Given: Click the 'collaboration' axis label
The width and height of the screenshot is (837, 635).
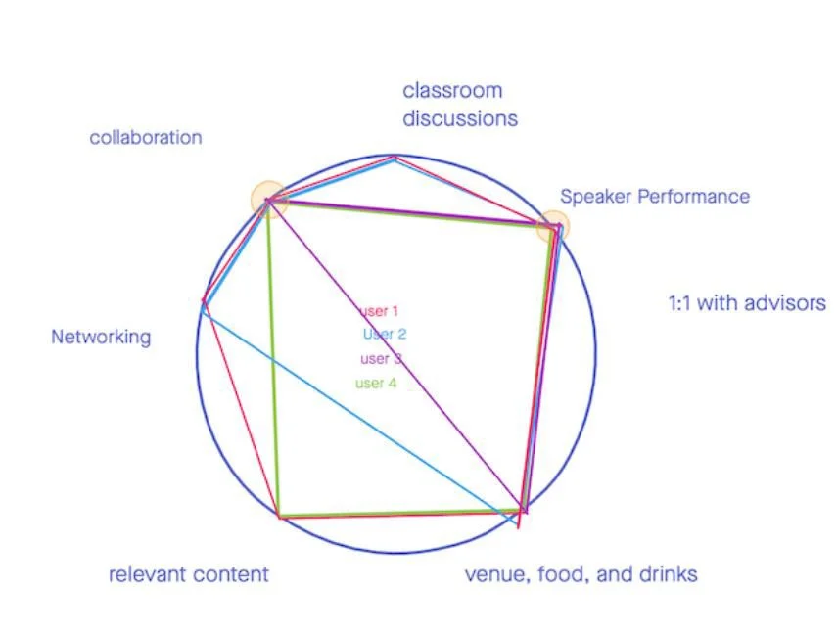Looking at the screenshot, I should click(x=146, y=138).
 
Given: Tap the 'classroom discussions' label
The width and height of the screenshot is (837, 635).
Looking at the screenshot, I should click(x=459, y=105).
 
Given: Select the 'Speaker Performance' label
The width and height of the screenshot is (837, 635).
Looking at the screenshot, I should click(x=655, y=197).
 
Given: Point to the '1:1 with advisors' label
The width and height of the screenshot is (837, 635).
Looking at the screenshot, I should click(x=747, y=303).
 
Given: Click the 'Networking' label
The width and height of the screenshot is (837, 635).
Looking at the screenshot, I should click(x=101, y=338).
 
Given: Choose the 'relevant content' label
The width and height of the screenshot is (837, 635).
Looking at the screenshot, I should click(x=188, y=574).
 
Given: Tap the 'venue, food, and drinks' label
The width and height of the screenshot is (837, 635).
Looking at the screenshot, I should click(x=581, y=573).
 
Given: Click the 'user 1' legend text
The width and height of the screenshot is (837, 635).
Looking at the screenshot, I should click(x=380, y=312).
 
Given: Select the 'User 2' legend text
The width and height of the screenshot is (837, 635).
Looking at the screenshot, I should click(x=385, y=334).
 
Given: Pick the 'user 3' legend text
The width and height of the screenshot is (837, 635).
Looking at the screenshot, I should click(x=381, y=358).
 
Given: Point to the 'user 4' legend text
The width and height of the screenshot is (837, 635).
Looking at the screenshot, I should click(x=376, y=383).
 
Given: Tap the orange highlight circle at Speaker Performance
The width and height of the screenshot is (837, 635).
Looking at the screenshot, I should click(x=552, y=227).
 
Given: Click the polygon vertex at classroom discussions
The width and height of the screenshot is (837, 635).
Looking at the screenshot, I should click(x=395, y=157).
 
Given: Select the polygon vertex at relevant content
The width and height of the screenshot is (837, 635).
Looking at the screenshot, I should click(x=280, y=516).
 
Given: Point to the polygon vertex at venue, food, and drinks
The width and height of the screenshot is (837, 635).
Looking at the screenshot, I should click(x=523, y=510).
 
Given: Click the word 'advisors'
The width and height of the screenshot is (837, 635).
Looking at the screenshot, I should click(x=783, y=303).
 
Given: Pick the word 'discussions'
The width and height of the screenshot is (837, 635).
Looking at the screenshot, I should click(x=459, y=118).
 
